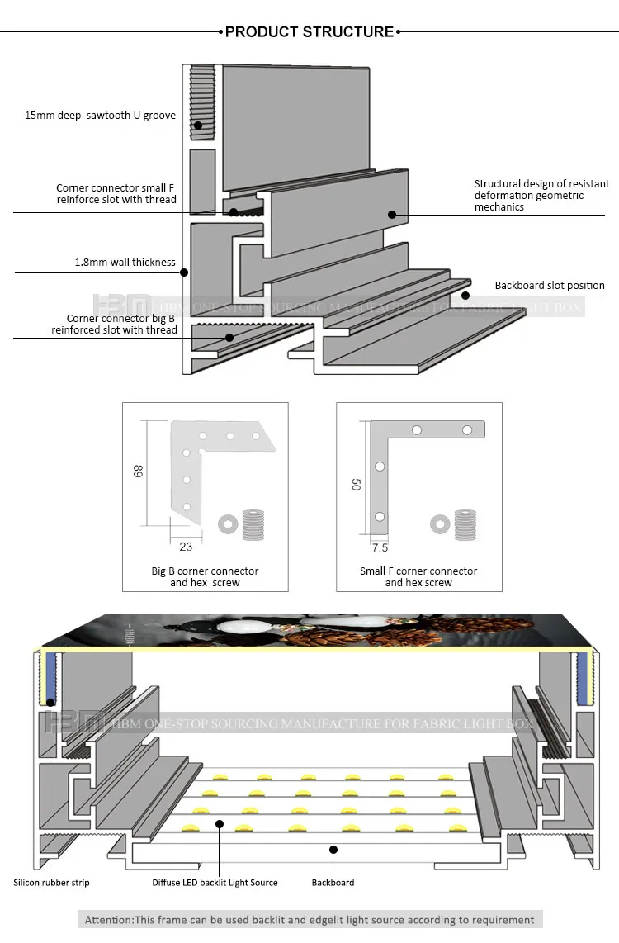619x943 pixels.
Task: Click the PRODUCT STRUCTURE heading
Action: pyautogui.click(x=309, y=32)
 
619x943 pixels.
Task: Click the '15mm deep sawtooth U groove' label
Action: pyautogui.click(x=100, y=116)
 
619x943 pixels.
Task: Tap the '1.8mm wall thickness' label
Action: pyautogui.click(x=125, y=263)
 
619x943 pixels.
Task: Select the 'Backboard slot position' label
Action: pyautogui.click(x=550, y=286)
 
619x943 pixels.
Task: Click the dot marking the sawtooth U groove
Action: pyautogui.click(x=198, y=126)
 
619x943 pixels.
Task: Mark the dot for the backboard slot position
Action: pyautogui.click(x=465, y=295)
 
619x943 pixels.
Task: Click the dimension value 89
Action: pyautogui.click(x=137, y=471)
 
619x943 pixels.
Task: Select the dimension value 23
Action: pyautogui.click(x=185, y=546)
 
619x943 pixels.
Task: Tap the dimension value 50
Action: pyautogui.click(x=355, y=484)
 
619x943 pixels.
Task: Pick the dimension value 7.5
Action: pyautogui.click(x=380, y=547)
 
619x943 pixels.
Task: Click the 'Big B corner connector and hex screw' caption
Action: pyautogui.click(x=205, y=576)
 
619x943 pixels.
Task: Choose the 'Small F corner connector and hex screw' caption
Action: pyautogui.click(x=418, y=576)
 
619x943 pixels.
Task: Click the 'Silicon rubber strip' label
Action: pyautogui.click(x=51, y=883)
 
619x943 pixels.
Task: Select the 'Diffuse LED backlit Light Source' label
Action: pyautogui.click(x=215, y=883)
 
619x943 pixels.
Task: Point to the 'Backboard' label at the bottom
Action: pyautogui.click(x=333, y=883)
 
